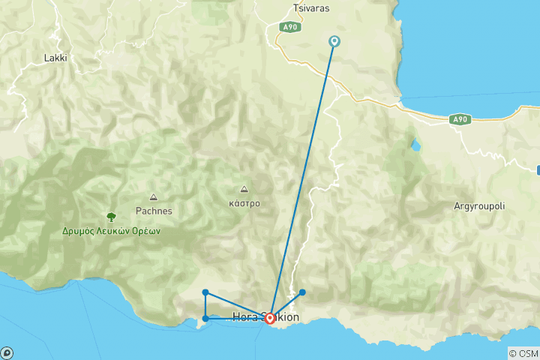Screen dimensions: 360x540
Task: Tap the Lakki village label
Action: pyautogui.click(x=56, y=58)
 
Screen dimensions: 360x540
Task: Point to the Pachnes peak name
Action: pyautogui.click(x=154, y=211)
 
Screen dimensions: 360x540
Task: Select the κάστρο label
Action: pyautogui.click(x=244, y=203)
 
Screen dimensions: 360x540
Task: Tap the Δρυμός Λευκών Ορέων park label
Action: pyautogui.click(x=112, y=231)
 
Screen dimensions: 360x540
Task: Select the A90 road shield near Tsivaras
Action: pyautogui.click(x=289, y=27)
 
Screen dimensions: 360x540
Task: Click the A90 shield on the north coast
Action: pyautogui.click(x=460, y=119)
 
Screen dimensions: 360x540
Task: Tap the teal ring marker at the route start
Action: pyautogui.click(x=334, y=41)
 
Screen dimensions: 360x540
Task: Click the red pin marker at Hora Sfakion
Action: pyautogui.click(x=270, y=319)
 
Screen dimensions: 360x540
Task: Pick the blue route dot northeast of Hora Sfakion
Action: pyautogui.click(x=302, y=292)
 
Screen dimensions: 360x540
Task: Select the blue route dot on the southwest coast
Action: pyautogui.click(x=205, y=319)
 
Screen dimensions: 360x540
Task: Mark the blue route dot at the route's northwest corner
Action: pyautogui.click(x=205, y=292)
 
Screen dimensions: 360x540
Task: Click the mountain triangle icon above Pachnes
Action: pyautogui.click(x=154, y=197)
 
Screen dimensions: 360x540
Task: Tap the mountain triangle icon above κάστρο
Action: pyautogui.click(x=244, y=189)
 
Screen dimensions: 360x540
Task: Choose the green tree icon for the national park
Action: pyautogui.click(x=112, y=217)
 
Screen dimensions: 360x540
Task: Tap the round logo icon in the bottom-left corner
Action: pyautogui.click(x=7, y=352)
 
